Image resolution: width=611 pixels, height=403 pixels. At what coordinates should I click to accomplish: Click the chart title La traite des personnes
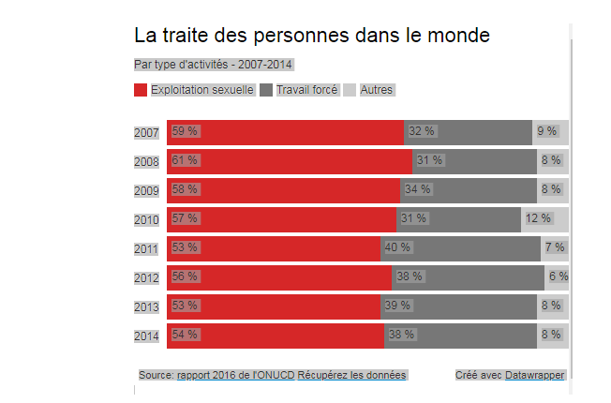[x=312, y=37]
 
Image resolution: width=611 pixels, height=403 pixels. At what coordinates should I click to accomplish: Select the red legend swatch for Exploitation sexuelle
[x=141, y=90]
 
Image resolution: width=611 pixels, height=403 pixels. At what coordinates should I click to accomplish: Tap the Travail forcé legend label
[x=307, y=90]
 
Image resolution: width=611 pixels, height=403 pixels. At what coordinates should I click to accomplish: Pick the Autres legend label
[x=377, y=90]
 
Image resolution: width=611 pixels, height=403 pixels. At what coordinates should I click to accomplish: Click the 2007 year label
[x=147, y=132]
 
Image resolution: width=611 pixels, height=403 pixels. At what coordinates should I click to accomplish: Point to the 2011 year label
[x=147, y=248]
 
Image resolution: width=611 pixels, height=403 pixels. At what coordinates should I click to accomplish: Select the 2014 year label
[x=147, y=335]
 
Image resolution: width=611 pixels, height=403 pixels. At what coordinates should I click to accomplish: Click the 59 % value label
[x=185, y=131]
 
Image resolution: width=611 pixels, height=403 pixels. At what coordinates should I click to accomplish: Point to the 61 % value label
[x=185, y=160]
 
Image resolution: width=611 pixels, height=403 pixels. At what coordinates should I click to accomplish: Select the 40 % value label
[x=398, y=247]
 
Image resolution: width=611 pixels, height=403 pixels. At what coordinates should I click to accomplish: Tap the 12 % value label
[x=538, y=218]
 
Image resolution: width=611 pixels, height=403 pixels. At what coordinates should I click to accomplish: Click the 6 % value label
[x=559, y=276]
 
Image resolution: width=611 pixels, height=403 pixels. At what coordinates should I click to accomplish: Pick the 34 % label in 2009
[x=417, y=189]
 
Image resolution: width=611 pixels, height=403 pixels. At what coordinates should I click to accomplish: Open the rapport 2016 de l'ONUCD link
[x=236, y=375]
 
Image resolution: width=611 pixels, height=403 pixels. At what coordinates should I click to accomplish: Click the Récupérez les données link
[x=351, y=375]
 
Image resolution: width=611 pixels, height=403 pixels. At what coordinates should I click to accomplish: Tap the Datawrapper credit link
[x=535, y=375]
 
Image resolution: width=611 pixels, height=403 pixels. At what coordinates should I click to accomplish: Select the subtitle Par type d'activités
[x=214, y=65]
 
